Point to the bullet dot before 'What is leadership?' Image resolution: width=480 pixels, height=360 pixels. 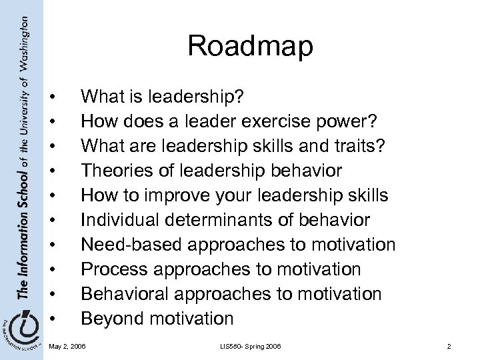(53, 99)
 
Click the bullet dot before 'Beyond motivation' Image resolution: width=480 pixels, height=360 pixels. (53, 318)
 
